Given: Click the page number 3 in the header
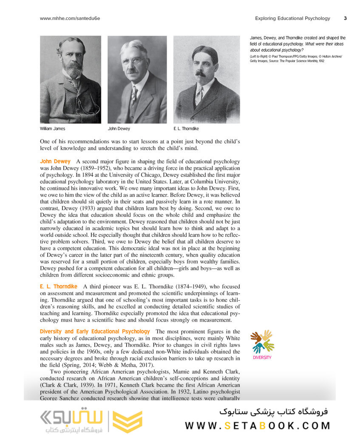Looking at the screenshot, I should click(345, 18).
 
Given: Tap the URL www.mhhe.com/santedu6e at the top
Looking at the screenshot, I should click(70, 18).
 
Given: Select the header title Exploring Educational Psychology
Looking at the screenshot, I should click(292, 18).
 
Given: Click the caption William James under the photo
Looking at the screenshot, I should click(53, 128).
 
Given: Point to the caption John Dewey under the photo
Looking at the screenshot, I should click(119, 128).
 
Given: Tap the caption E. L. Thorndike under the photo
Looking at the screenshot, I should click(186, 128).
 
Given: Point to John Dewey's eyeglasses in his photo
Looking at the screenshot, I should click(133, 61).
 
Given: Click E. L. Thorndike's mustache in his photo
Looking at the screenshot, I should click(200, 74).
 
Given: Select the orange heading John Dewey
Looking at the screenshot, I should click(55, 162).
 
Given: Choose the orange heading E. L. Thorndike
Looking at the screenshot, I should click(59, 287).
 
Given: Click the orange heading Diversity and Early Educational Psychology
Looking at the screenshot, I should click(95, 331).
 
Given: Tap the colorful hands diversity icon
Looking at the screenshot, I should click(262, 341).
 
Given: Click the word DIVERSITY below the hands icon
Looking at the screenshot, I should click(262, 358).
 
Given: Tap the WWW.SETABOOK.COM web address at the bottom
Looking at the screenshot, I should click(258, 426).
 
